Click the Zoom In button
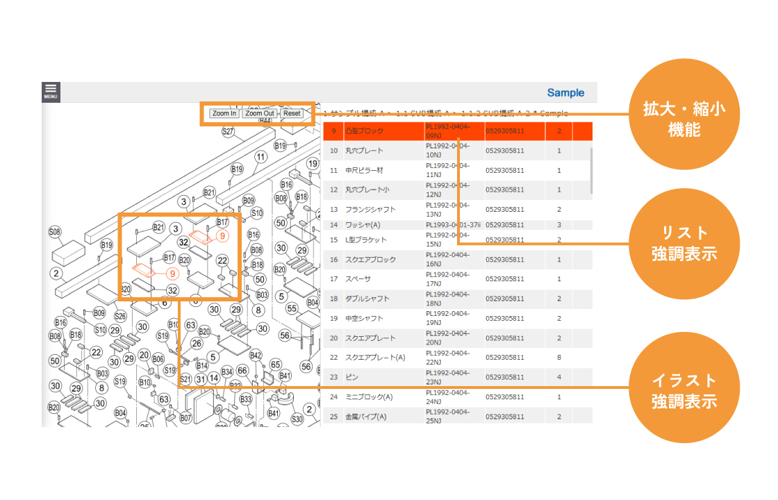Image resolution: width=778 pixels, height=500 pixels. click(224, 113)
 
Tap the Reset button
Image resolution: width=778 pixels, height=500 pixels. click(292, 113)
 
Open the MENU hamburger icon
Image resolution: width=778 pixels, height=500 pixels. click(51, 92)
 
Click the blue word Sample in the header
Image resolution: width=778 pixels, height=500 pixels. click(565, 93)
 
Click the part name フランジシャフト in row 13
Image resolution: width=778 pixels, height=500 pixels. click(370, 210)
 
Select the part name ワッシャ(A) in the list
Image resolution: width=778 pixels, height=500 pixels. click(363, 225)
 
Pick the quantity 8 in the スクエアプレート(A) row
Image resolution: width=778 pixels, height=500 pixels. click(558, 358)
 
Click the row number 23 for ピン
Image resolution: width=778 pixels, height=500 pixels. click(333, 377)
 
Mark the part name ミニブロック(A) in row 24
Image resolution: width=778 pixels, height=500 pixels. click(369, 397)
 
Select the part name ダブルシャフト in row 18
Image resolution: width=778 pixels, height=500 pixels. click(367, 299)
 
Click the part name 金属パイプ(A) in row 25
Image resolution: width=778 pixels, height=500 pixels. click(367, 417)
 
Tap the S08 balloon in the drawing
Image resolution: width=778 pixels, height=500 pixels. click(55, 231)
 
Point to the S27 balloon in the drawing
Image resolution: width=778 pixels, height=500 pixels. click(228, 131)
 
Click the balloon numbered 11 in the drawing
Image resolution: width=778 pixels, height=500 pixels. click(260, 157)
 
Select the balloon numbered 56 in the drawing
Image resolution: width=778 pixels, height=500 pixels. click(285, 335)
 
